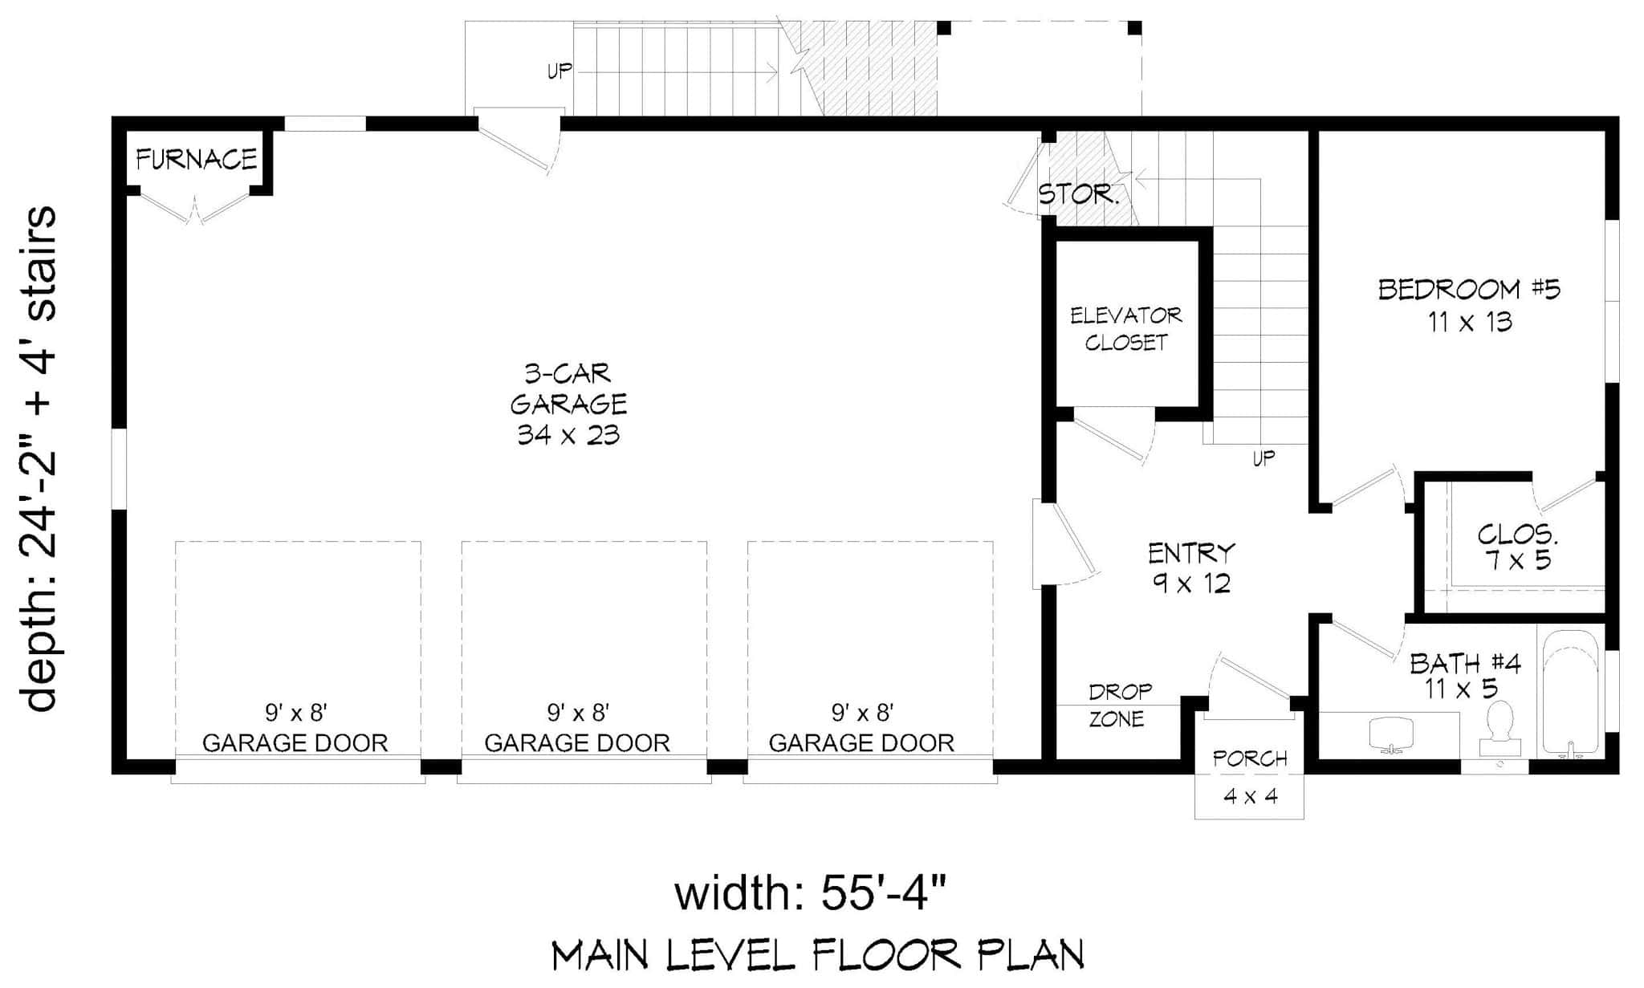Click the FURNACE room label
[197, 160]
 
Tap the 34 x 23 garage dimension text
[568, 435]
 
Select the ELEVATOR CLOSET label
[1125, 328]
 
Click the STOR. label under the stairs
[1077, 194]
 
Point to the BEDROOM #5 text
[1469, 289]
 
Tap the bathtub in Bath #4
[1570, 690]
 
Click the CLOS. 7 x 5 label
[1517, 547]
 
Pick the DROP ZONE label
[1119, 705]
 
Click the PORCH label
[1249, 758]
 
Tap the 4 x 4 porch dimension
[1250, 796]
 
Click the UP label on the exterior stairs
[560, 71]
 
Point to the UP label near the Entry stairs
[1264, 458]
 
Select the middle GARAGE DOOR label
[577, 743]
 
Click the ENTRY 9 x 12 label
[1191, 567]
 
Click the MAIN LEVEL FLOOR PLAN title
[817, 955]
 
